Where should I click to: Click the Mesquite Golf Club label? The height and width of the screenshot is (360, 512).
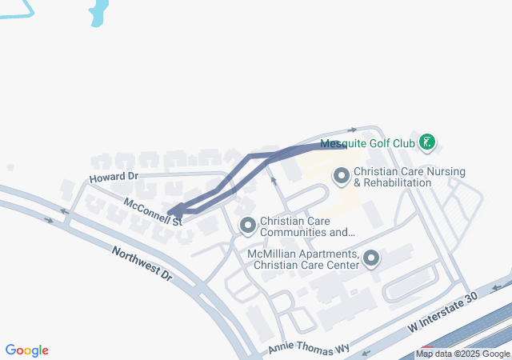point(367,144)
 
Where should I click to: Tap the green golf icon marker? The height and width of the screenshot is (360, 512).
point(428,143)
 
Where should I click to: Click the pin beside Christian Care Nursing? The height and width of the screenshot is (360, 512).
point(342,175)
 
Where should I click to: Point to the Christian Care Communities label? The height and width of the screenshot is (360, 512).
point(307,227)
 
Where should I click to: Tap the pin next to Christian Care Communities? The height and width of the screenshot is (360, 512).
point(247,226)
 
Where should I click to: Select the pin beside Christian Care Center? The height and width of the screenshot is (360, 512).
point(371,258)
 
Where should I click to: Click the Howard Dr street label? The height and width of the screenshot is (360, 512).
point(114,177)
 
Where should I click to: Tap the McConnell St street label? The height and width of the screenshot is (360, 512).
point(153,211)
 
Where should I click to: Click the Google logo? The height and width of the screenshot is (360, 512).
point(26,350)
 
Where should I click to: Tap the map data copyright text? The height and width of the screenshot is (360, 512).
point(462,354)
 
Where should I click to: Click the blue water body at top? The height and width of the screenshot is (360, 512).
point(98,12)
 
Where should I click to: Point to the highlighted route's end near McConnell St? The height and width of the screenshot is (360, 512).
point(174,212)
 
